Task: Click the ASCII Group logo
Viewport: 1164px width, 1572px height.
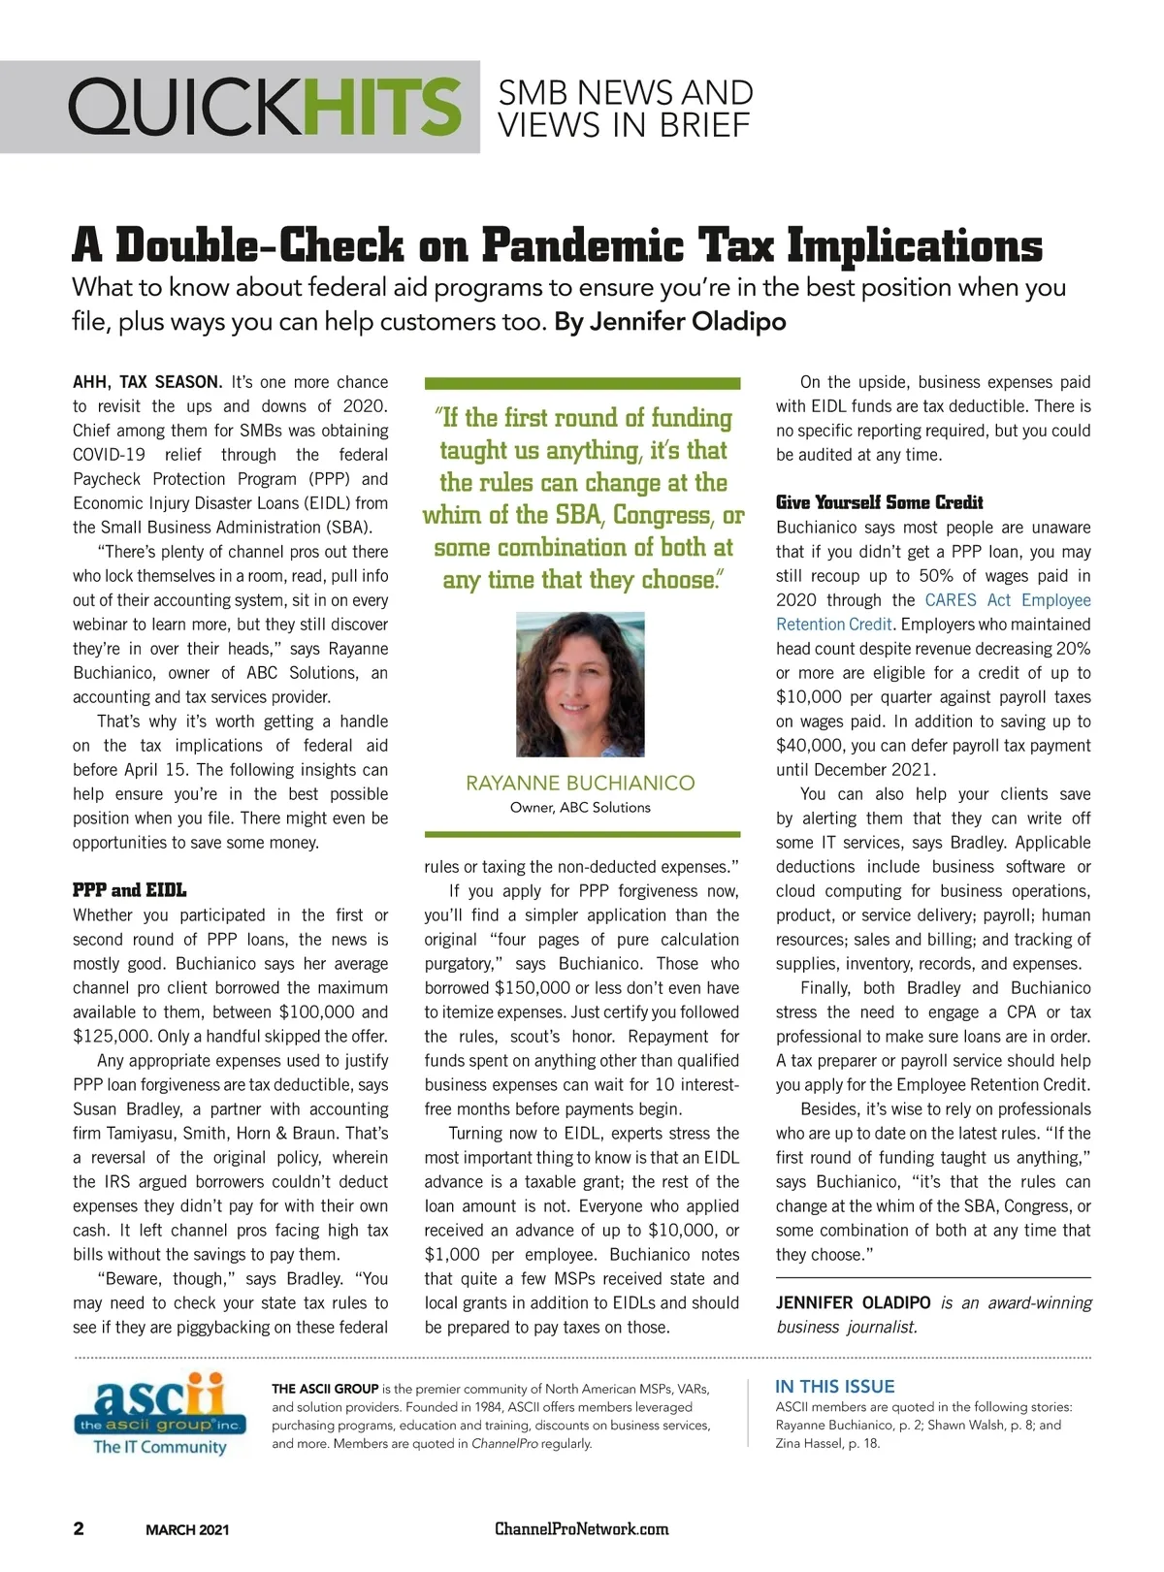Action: pos(160,1414)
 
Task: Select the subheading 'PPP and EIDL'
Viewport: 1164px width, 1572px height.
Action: pos(129,890)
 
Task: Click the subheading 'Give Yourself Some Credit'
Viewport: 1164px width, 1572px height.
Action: pos(879,502)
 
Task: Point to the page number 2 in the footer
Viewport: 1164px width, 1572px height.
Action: pos(79,1529)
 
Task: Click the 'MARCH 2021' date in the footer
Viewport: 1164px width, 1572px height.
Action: pos(187,1530)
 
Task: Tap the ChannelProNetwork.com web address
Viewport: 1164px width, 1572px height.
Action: pos(581,1529)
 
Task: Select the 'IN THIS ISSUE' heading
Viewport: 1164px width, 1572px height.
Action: pos(834,1387)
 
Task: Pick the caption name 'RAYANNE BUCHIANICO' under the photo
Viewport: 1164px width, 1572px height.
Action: pos(580,783)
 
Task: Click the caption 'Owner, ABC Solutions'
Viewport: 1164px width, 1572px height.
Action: pos(580,808)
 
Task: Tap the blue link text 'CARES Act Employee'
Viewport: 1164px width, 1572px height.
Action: pos(1008,600)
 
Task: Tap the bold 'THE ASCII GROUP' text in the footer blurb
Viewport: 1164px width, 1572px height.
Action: pos(325,1389)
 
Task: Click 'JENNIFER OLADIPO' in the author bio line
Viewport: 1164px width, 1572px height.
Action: pos(853,1303)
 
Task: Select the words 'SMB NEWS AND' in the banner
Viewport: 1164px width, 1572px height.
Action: pos(625,93)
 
